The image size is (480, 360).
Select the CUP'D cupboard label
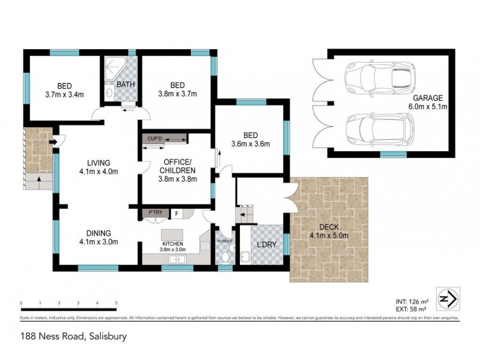155,139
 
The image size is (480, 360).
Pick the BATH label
125,85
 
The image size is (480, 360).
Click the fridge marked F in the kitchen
177,213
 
